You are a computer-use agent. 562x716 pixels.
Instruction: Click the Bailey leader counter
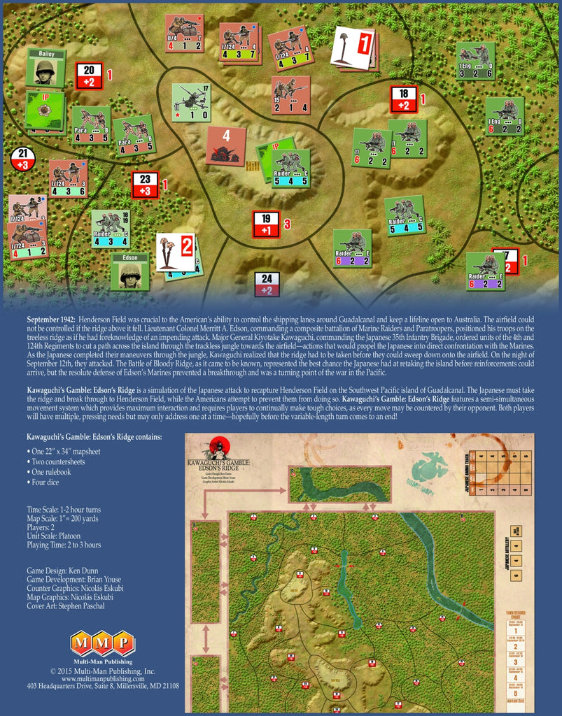point(45,68)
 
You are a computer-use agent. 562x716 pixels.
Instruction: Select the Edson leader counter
point(129,271)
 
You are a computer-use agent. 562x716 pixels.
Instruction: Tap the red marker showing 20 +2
point(89,76)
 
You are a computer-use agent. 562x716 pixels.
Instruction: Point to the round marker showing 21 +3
point(23,159)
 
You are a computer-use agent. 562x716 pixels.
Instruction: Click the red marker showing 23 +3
point(145,185)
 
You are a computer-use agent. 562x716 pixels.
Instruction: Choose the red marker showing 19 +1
point(266,224)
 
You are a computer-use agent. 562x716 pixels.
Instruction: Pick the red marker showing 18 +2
point(403,99)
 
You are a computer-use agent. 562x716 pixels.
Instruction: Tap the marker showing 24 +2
point(267,284)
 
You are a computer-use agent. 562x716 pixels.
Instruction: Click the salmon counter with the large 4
point(226,145)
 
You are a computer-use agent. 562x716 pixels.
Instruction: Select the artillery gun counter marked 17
point(191,102)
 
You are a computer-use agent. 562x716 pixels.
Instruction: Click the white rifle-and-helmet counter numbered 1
point(353,48)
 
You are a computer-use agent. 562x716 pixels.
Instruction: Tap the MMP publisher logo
point(102,642)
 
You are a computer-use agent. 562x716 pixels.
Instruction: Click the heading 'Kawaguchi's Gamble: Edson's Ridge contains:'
point(94,437)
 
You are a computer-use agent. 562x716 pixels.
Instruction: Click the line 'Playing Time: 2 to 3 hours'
point(64,545)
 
